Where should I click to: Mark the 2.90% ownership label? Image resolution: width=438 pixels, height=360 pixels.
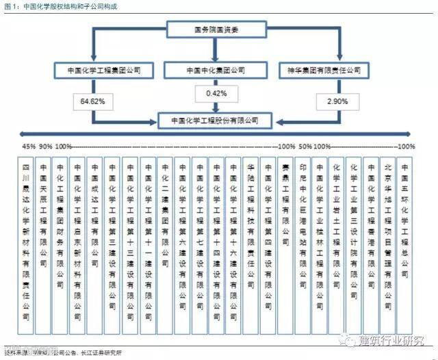333,101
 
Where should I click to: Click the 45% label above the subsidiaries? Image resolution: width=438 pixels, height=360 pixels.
29,146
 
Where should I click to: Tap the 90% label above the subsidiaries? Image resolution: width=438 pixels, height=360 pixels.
45,146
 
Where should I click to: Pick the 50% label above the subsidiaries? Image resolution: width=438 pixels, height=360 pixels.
305,146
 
